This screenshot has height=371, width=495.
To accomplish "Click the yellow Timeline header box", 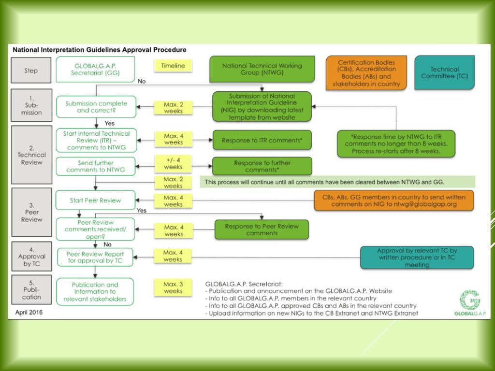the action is click(173, 66).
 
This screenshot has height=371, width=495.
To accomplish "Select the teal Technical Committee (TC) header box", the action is click(445, 72).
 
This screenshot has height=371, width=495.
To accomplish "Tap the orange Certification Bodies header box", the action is click(366, 73).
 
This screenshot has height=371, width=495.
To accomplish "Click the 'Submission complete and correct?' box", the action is click(96, 107).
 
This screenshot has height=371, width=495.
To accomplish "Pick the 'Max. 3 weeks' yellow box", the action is click(173, 287).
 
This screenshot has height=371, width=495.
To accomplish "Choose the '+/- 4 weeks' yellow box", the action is click(173, 163).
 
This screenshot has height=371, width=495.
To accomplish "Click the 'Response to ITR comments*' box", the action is click(262, 140).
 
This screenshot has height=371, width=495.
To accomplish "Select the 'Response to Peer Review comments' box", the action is click(262, 229).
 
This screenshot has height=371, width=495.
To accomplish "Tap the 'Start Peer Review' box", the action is click(95, 200).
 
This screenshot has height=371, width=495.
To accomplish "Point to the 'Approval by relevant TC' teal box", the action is click(417, 257).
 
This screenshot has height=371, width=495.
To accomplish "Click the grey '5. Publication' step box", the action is click(31, 290).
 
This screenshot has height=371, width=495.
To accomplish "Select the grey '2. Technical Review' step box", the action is click(31, 155).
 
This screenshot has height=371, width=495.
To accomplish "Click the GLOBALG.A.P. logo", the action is click(470, 302).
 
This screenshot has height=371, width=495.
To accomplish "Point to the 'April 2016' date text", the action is click(29, 313).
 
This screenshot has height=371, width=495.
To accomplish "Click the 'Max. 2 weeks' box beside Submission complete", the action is click(174, 108).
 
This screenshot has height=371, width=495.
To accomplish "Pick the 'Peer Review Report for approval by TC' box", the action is click(95, 257).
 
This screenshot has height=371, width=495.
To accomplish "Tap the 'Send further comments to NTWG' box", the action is click(96, 166).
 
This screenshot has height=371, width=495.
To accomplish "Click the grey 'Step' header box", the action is click(31, 71).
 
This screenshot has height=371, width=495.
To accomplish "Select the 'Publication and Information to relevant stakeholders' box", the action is click(95, 291).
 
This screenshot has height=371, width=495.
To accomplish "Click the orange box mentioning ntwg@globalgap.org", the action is click(394, 200).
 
